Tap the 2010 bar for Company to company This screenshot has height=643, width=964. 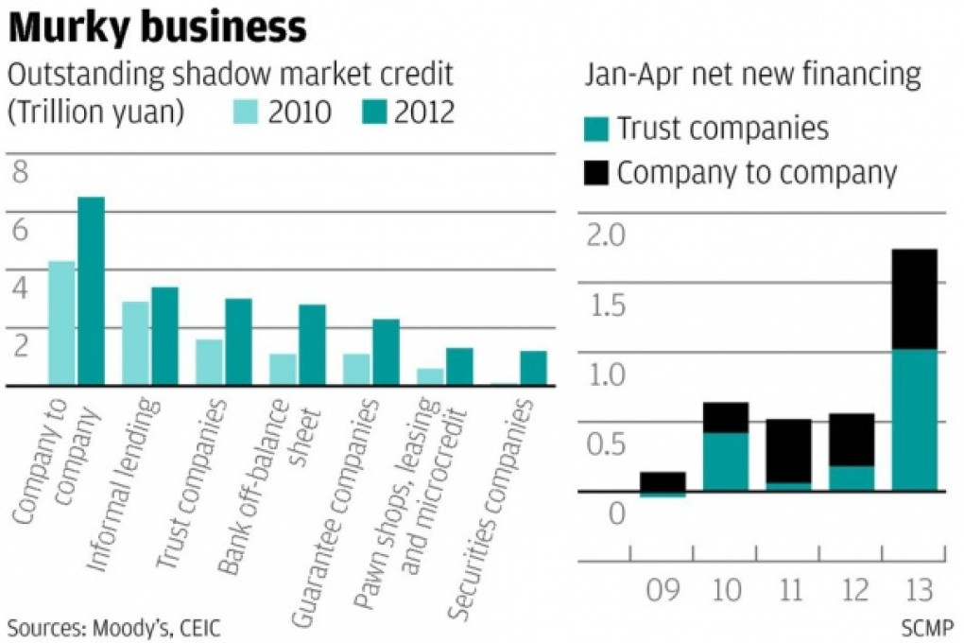tap(61, 322)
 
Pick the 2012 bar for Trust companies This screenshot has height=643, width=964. tap(238, 341)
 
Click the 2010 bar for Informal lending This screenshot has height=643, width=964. tap(135, 343)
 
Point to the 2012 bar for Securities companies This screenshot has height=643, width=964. tap(533, 368)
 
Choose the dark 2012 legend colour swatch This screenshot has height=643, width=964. tap(376, 113)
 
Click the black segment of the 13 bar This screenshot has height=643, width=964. tap(914, 299)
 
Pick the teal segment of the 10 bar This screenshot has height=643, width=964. tap(726, 461)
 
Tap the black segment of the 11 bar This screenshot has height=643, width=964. tap(788, 450)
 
